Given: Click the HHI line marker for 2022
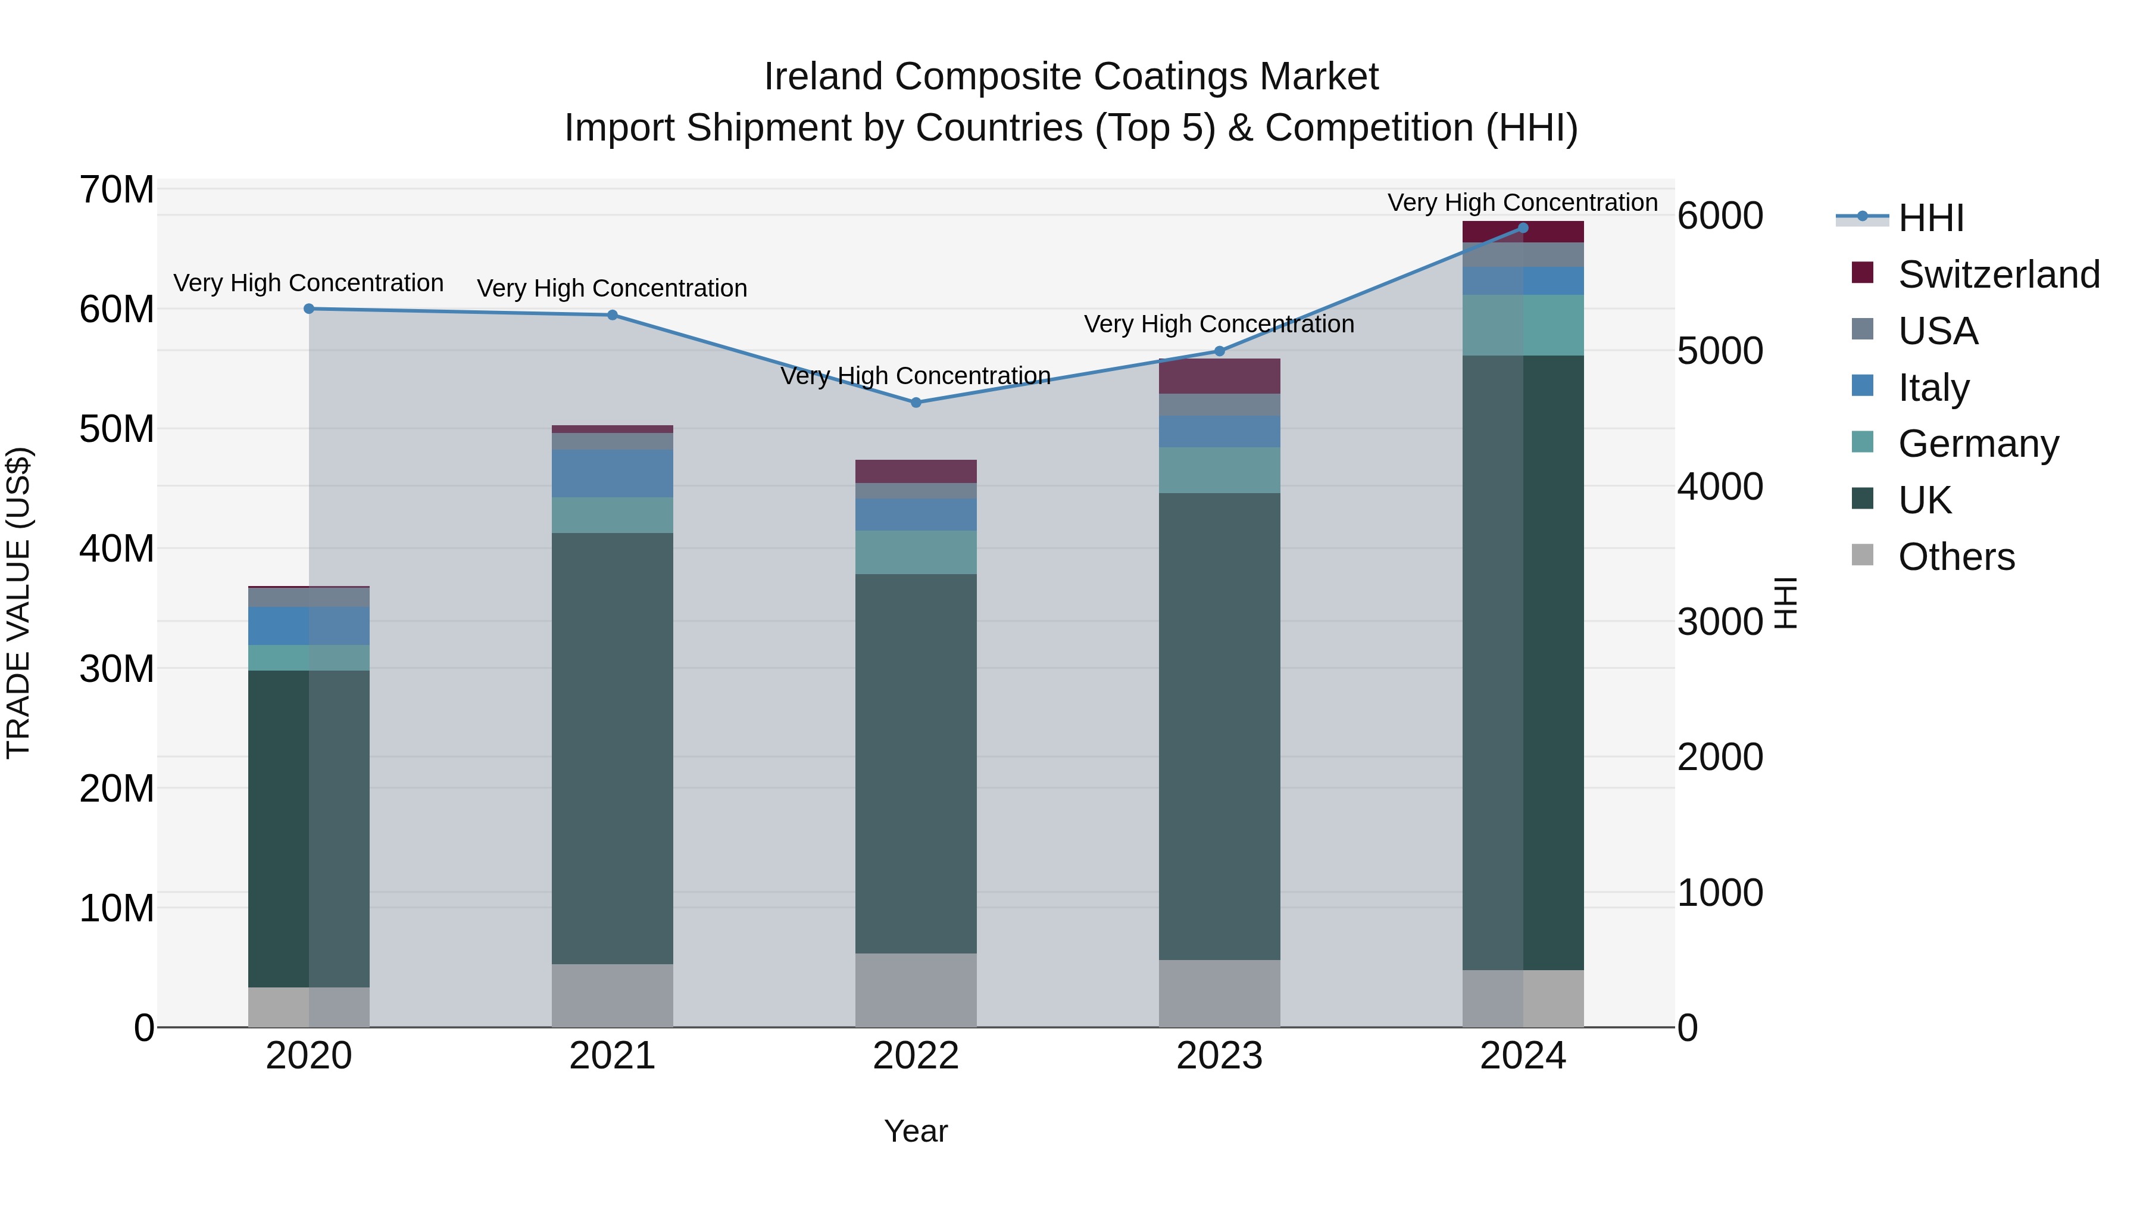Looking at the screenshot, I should click(x=916, y=402).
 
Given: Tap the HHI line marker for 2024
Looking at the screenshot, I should click(x=1523, y=228).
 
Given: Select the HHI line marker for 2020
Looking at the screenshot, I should click(x=308, y=308).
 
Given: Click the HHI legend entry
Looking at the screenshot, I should click(x=1930, y=218).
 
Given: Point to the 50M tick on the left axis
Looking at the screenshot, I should click(x=117, y=429).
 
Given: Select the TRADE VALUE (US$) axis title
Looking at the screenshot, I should click(x=18, y=603).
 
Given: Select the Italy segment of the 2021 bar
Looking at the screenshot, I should click(x=613, y=473).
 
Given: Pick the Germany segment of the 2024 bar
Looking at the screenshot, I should click(x=1523, y=325).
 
